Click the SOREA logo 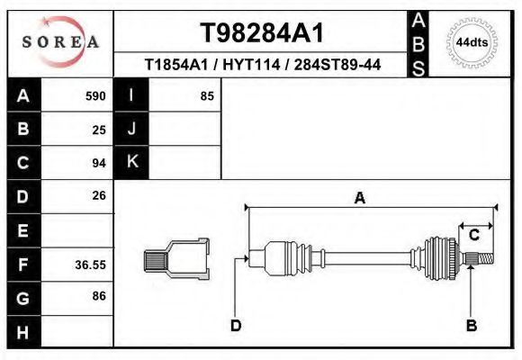tap(60, 42)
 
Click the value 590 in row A tap(95, 95)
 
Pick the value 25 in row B tap(99, 129)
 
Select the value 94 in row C tap(99, 163)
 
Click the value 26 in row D tap(99, 195)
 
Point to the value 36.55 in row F tap(90, 265)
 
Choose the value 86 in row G tap(99, 296)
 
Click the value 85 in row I tap(206, 95)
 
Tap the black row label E tap(23, 231)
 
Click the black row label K tap(131, 162)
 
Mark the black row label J tap(131, 129)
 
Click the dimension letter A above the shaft tap(360, 199)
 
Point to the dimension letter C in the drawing tap(473, 236)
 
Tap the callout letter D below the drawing tap(235, 325)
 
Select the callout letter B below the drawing tap(471, 325)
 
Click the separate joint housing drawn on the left tap(177, 258)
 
